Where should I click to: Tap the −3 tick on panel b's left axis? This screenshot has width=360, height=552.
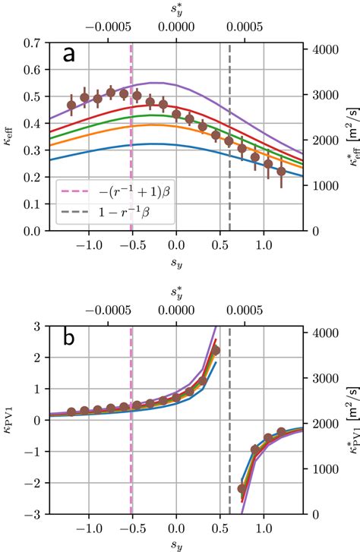pyautogui.click(x=34, y=514)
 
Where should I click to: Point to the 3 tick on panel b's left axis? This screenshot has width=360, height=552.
pyautogui.click(x=38, y=326)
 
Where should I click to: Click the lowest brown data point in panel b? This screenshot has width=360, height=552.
pyautogui.click(x=242, y=488)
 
